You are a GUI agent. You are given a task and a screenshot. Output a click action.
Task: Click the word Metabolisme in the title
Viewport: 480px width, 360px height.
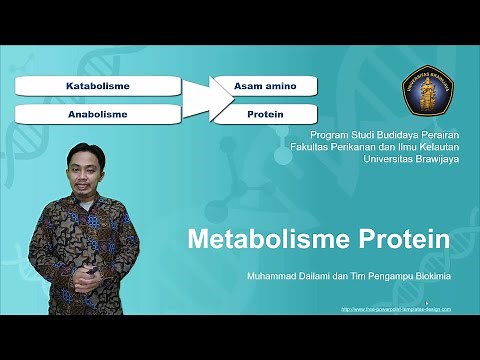pos(263,241)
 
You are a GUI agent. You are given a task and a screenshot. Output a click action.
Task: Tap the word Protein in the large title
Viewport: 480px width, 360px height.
pos(399,241)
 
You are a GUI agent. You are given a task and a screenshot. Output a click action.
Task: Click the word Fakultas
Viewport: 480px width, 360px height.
pos(311,145)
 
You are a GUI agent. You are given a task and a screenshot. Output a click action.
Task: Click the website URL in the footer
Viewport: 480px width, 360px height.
pos(395,309)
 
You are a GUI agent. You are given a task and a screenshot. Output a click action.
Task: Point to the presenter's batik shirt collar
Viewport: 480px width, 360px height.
pos(84,197)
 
